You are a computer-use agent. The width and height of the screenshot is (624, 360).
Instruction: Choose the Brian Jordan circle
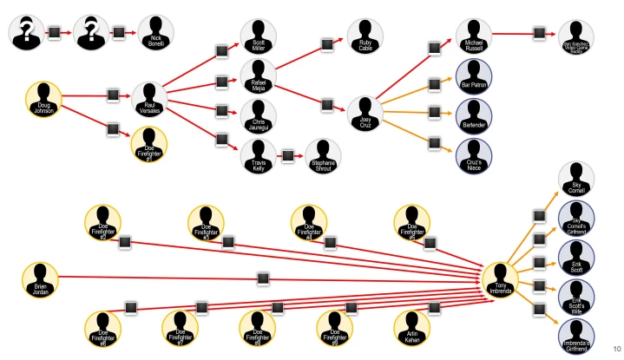pos(39,278)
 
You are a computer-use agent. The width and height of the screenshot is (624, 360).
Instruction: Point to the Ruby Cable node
pos(365,35)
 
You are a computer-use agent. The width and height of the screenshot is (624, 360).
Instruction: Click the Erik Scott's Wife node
pos(576,295)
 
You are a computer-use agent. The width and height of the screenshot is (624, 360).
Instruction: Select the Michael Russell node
pos(473,34)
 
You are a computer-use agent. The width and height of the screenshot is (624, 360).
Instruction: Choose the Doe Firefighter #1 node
pos(148,143)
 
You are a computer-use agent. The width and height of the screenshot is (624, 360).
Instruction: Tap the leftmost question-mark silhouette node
pos(26,33)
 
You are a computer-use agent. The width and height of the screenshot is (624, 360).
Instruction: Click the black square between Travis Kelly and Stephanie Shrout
pos(287,156)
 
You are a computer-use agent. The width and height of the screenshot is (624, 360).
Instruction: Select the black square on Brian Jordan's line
pos(263,278)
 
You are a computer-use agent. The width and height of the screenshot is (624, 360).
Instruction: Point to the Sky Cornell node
pos(576,178)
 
